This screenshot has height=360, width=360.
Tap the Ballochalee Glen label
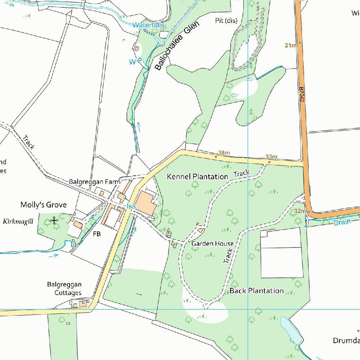click(x=177, y=46)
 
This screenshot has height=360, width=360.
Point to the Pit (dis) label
click(x=226, y=21)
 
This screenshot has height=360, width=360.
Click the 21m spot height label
click(x=290, y=45)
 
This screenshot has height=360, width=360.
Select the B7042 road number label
click(x=302, y=95)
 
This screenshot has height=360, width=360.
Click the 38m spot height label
click(x=224, y=153)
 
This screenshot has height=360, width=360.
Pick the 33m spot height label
click(x=271, y=156)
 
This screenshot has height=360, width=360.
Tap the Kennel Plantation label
click(x=197, y=176)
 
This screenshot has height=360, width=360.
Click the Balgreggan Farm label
click(x=94, y=182)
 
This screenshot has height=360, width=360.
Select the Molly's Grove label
click(x=43, y=205)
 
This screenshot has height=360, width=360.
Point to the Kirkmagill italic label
click(x=18, y=221)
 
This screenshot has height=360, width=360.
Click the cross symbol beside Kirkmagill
click(x=54, y=221)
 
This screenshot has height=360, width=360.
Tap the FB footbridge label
click(x=97, y=234)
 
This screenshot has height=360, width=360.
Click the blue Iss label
click(x=131, y=206)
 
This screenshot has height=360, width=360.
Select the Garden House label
click(x=212, y=244)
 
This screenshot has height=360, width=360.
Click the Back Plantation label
click(x=256, y=291)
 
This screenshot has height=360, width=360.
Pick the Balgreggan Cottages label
click(x=64, y=288)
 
